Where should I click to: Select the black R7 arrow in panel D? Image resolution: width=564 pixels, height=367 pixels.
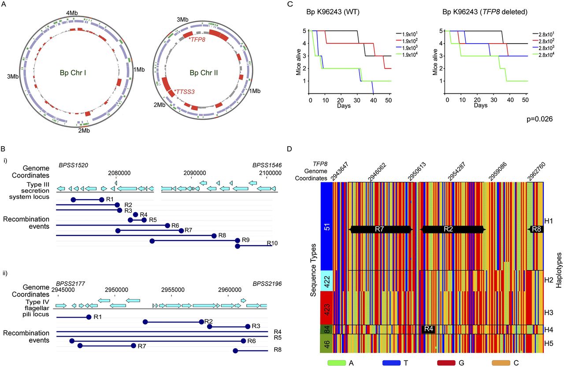[380, 229]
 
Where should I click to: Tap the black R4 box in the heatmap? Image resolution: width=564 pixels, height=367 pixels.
[429, 329]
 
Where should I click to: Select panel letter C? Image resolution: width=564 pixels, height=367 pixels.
[289, 4]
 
